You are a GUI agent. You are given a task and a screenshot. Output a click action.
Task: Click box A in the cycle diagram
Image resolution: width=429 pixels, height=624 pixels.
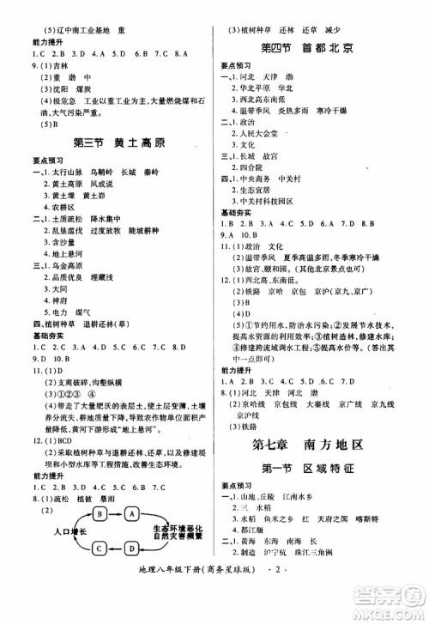133,512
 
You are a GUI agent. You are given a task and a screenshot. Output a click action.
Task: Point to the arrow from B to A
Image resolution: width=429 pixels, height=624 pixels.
118,512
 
